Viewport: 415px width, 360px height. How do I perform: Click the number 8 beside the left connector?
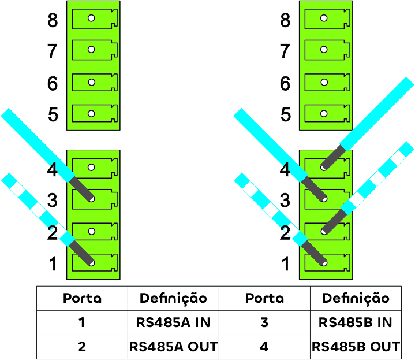(53, 21)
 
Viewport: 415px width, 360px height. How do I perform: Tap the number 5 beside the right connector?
(285, 114)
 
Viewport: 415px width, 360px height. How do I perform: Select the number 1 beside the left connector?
(53, 264)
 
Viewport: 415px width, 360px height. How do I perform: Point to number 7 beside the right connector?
(285, 52)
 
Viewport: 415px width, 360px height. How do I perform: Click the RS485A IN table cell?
(173, 322)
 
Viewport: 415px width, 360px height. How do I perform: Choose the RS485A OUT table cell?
(173, 347)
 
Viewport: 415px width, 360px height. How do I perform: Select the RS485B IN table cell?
(355, 322)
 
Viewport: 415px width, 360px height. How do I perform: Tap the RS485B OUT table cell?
(355, 347)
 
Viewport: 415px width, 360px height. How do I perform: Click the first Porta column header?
(82, 298)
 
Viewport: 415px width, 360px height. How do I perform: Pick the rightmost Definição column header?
(355, 298)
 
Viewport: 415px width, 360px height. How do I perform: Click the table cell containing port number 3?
(264, 322)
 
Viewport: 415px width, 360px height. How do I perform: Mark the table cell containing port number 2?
(82, 347)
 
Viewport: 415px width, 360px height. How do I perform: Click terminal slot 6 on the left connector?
(94, 82)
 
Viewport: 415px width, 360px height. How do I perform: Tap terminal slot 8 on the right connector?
(327, 18)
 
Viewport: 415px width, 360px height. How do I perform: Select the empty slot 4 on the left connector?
(94, 168)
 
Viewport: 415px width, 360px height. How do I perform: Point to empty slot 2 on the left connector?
(94, 231)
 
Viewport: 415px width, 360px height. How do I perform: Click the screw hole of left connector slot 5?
(91, 114)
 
